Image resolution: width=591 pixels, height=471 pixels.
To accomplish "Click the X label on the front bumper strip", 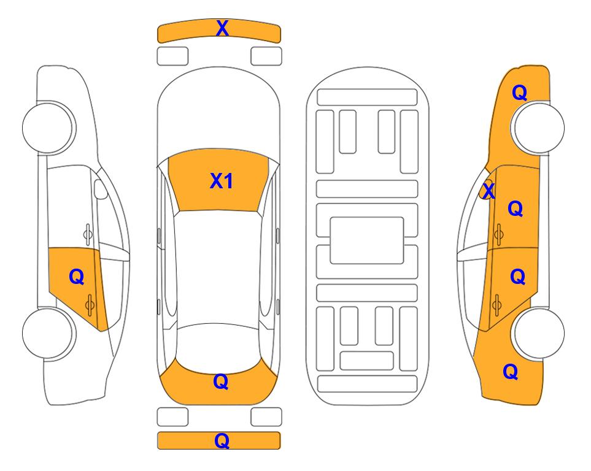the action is [222, 28].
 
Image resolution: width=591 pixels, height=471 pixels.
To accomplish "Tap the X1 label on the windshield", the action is [222, 181].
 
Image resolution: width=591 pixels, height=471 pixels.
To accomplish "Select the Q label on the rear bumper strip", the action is [222, 440].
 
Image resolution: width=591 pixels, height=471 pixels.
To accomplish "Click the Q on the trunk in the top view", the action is [221, 381].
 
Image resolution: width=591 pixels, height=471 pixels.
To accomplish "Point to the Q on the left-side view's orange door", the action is [77, 277].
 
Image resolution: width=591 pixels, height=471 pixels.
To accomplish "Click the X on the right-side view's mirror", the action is [489, 191].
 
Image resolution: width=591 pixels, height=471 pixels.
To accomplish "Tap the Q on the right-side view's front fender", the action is [519, 93].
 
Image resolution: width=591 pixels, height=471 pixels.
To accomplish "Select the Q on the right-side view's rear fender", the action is [511, 372].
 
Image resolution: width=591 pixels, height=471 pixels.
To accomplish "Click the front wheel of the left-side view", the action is [48, 128].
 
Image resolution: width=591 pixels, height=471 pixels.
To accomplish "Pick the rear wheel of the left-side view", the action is [48, 333].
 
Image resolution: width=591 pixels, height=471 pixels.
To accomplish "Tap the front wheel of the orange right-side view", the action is [538, 128].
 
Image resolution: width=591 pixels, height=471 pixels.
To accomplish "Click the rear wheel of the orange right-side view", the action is [538, 333].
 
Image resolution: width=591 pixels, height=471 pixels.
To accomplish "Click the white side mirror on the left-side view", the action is [101, 189].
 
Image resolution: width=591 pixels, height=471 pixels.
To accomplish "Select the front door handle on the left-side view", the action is [87, 234].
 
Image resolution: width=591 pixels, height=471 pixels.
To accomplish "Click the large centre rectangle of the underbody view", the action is [367, 240].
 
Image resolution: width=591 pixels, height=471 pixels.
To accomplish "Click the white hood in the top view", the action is [218, 113].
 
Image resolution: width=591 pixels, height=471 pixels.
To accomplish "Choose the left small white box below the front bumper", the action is [172, 56].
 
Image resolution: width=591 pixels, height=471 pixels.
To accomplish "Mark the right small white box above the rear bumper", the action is [266, 417].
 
